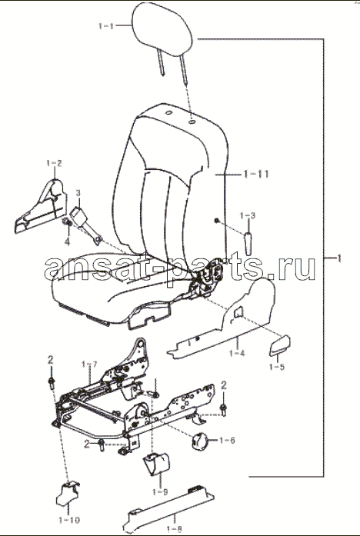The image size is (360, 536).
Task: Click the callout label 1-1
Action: click(x=106, y=26)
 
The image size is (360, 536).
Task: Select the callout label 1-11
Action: click(x=256, y=174)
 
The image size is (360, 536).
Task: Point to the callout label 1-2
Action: click(x=54, y=163)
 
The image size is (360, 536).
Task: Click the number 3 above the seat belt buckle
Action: click(x=78, y=193)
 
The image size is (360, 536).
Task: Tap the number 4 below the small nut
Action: click(x=68, y=242)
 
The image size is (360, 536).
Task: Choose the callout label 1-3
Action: click(x=248, y=215)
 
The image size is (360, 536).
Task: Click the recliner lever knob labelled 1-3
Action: click(x=248, y=243)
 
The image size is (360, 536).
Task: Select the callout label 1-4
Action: click(x=237, y=352)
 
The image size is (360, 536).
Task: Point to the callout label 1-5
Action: click(x=277, y=367)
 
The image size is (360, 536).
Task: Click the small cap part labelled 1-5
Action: click(x=279, y=345)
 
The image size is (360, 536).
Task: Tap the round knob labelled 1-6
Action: click(x=199, y=441)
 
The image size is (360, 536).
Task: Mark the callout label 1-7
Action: click(x=89, y=365)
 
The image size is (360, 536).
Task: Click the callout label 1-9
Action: click(x=160, y=492)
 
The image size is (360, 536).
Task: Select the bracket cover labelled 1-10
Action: click(x=68, y=494)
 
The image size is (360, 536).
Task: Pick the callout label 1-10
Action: click(x=68, y=521)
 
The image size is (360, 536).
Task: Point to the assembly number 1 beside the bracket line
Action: click(x=338, y=258)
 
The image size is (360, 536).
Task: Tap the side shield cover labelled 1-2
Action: click(x=40, y=208)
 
